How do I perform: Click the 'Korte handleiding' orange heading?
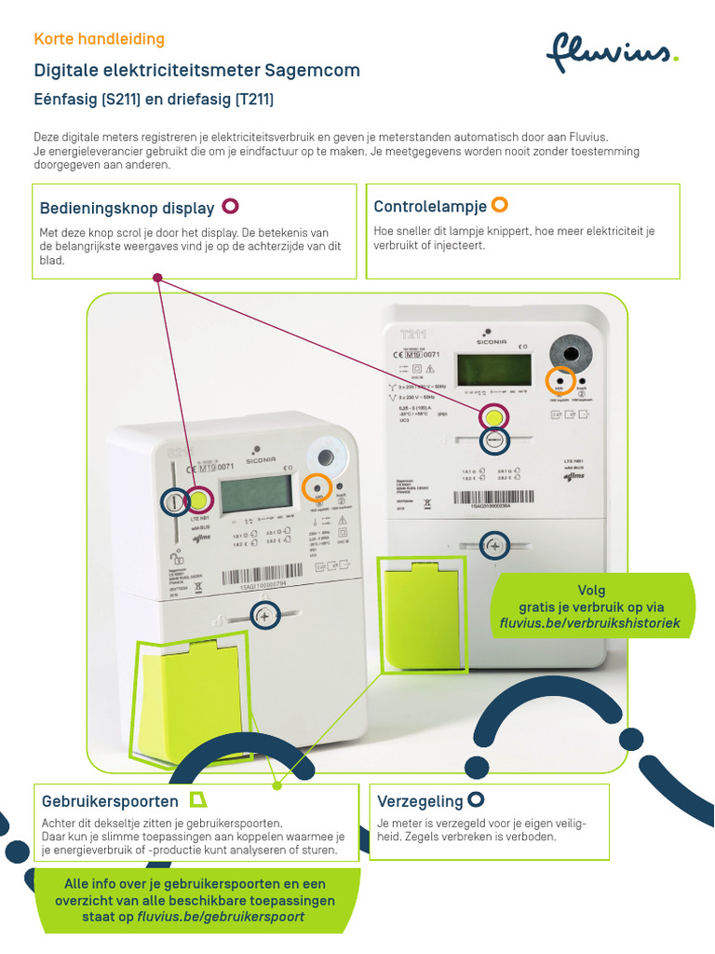click(x=99, y=39)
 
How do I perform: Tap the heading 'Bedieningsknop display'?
click(x=127, y=208)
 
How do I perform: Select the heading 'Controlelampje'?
click(x=429, y=206)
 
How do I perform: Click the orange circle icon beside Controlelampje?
click(x=499, y=204)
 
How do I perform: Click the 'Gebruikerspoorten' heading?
click(x=110, y=801)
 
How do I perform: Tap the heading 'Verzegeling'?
click(x=420, y=801)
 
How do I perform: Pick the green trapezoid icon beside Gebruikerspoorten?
click(x=197, y=799)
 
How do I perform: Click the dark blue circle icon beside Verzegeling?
click(x=476, y=799)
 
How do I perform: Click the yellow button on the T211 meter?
click(x=495, y=416)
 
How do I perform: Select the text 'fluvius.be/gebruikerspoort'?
click(x=221, y=917)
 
